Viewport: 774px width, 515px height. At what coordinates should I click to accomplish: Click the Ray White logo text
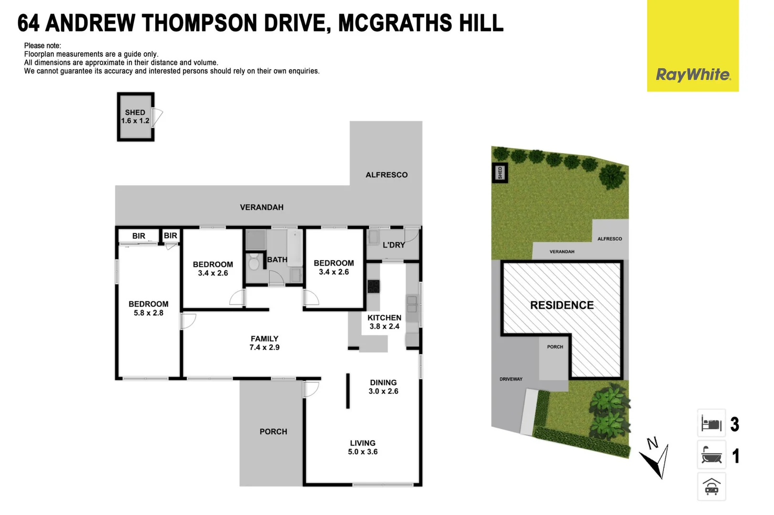click(x=692, y=74)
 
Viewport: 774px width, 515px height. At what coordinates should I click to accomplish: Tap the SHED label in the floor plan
click(x=135, y=113)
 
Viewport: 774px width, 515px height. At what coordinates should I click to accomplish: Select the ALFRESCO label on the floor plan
click(x=387, y=175)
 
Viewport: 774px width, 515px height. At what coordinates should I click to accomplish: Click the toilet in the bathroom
click(x=254, y=262)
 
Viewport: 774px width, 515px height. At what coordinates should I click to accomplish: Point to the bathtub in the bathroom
click(x=294, y=248)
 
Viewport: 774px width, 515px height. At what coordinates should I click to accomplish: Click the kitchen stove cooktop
click(x=373, y=286)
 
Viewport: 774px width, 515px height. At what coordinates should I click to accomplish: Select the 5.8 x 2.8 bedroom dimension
click(x=148, y=313)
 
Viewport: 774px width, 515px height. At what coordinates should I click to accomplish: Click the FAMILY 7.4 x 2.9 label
click(x=264, y=343)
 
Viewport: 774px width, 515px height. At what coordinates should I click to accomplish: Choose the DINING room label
click(x=383, y=382)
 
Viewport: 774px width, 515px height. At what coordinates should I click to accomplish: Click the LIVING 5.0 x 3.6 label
click(x=363, y=447)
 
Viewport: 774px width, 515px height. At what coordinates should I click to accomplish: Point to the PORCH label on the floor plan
click(x=273, y=432)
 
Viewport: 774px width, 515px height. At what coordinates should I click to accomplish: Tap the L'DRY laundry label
click(x=394, y=245)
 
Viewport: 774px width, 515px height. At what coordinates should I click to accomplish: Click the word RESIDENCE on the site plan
click(x=562, y=305)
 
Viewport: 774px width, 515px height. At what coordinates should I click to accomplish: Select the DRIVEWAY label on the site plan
click(x=511, y=379)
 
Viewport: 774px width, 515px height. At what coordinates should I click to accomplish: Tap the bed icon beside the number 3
click(x=711, y=423)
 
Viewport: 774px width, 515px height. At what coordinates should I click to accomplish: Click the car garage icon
click(x=711, y=487)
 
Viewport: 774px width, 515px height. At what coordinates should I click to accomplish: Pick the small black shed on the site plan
click(x=500, y=173)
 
